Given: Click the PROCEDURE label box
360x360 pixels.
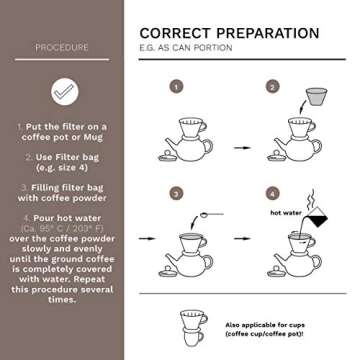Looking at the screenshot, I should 61,47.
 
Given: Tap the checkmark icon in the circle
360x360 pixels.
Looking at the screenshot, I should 61,91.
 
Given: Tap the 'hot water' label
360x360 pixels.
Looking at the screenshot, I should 285,212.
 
